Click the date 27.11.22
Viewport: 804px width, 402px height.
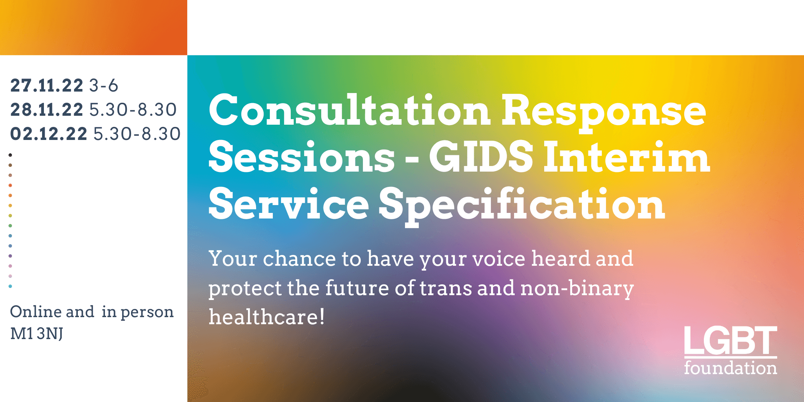tap(47, 86)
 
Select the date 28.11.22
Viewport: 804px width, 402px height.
tap(47, 110)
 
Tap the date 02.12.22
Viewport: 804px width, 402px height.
tap(49, 134)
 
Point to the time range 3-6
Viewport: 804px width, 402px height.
tap(103, 86)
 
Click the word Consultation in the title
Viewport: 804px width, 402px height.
tap(350, 110)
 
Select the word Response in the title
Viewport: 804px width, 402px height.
tap(604, 114)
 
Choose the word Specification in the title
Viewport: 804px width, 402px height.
tap(522, 207)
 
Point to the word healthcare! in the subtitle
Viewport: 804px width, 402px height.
tap(267, 317)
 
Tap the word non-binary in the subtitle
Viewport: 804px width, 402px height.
tap(577, 288)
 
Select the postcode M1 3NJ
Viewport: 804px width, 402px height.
tap(36, 334)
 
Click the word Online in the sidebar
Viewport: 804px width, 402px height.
tap(36, 312)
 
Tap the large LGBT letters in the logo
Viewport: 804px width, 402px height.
tap(730, 341)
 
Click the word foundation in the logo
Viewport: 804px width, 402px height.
tap(730, 368)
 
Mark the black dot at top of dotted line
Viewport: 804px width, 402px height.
tap(10, 155)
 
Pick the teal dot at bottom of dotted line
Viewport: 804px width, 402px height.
tap(10, 286)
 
